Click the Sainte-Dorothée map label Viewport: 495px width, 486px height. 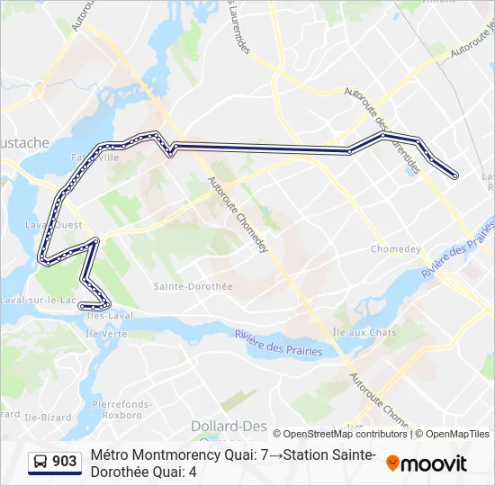point(193,286)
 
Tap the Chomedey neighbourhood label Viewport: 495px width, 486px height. point(396,249)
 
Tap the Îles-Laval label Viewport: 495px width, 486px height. point(110,316)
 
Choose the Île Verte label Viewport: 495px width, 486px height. point(105,333)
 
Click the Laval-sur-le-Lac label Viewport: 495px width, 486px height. point(40,300)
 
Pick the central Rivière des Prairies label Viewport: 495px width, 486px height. point(279,343)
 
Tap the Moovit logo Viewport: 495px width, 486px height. point(427,463)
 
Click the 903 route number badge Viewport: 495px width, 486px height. point(65,462)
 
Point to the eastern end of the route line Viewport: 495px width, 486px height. point(455,175)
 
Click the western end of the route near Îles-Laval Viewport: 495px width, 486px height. point(82,306)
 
